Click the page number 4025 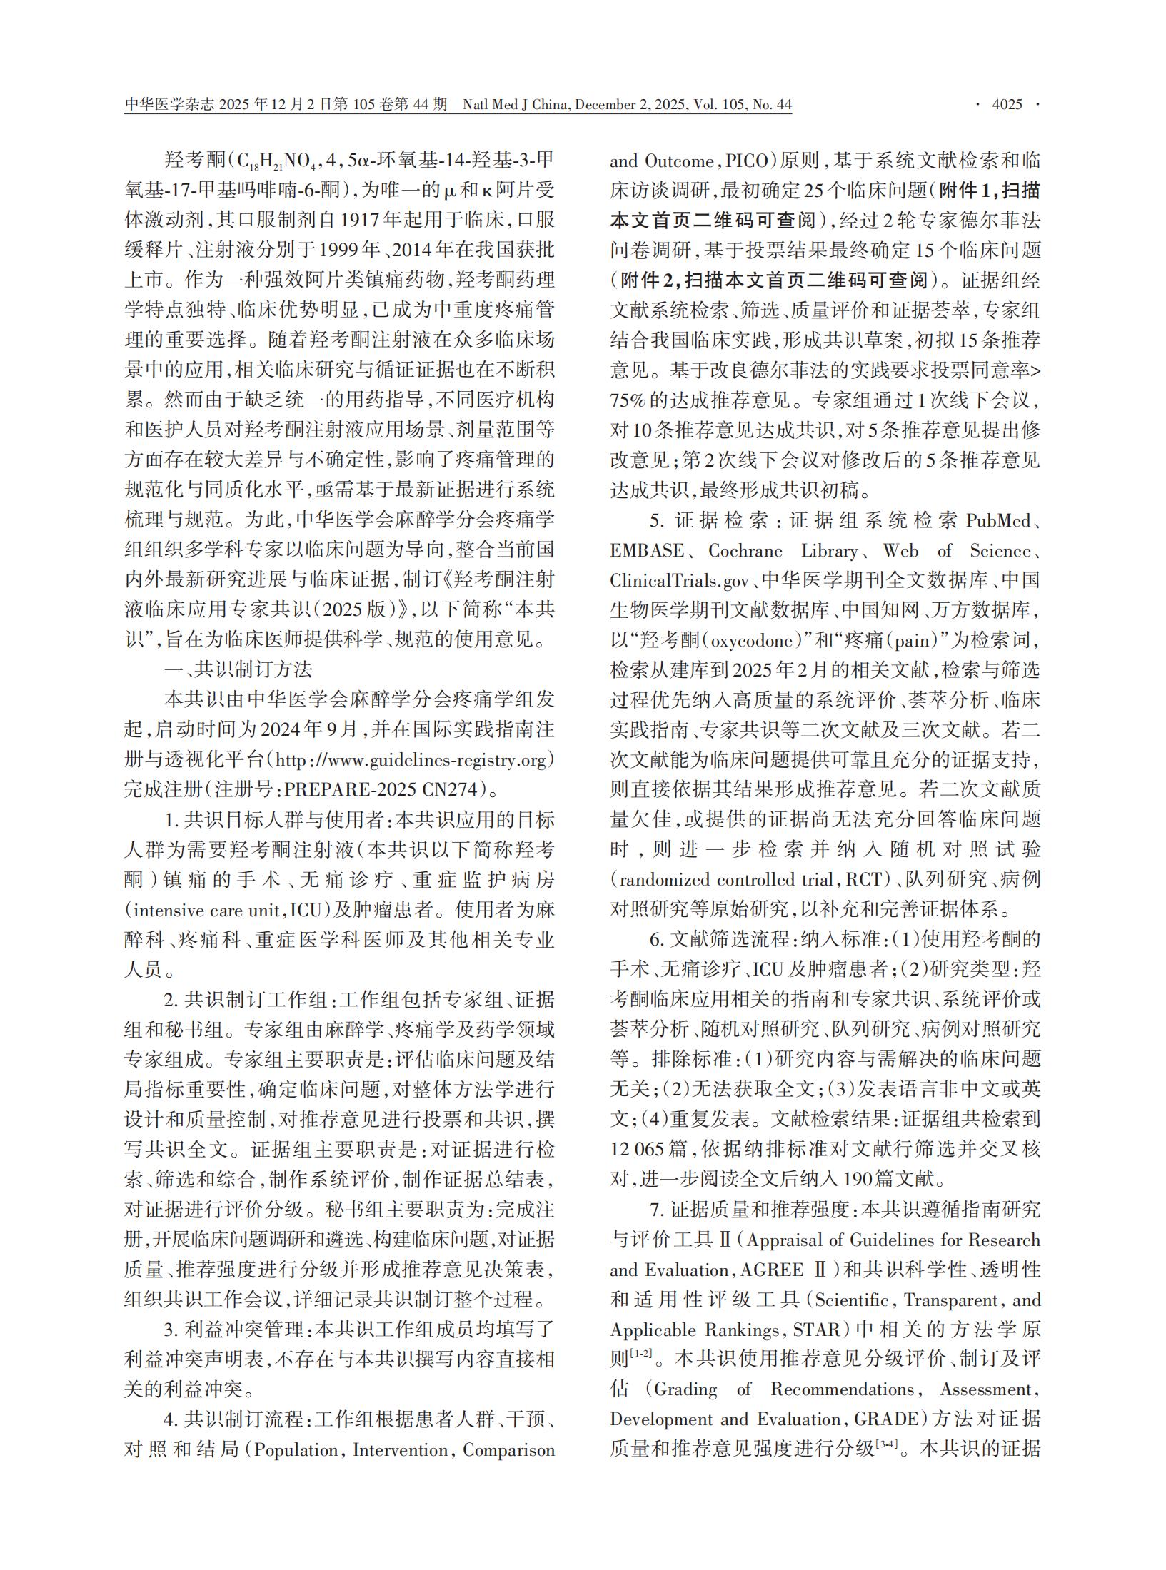point(1007,105)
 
